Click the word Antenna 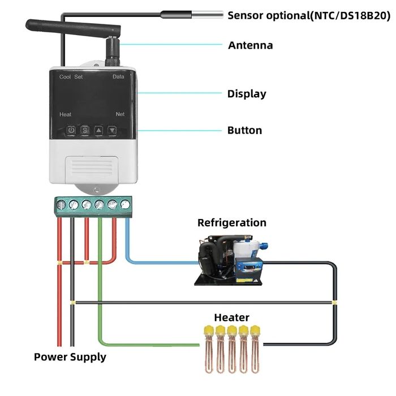pyautogui.click(x=250, y=45)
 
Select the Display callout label pyautogui.click(x=247, y=94)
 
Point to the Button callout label pyautogui.click(x=244, y=131)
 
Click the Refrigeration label pyautogui.click(x=231, y=223)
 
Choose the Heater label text pyautogui.click(x=231, y=318)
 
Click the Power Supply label pyautogui.click(x=70, y=357)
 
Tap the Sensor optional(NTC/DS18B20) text pyautogui.click(x=309, y=15)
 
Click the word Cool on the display pyautogui.click(x=64, y=77)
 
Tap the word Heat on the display pyautogui.click(x=65, y=114)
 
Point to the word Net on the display pyautogui.click(x=120, y=114)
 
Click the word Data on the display pyautogui.click(x=118, y=77)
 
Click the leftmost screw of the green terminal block pyautogui.click(x=61, y=204)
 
